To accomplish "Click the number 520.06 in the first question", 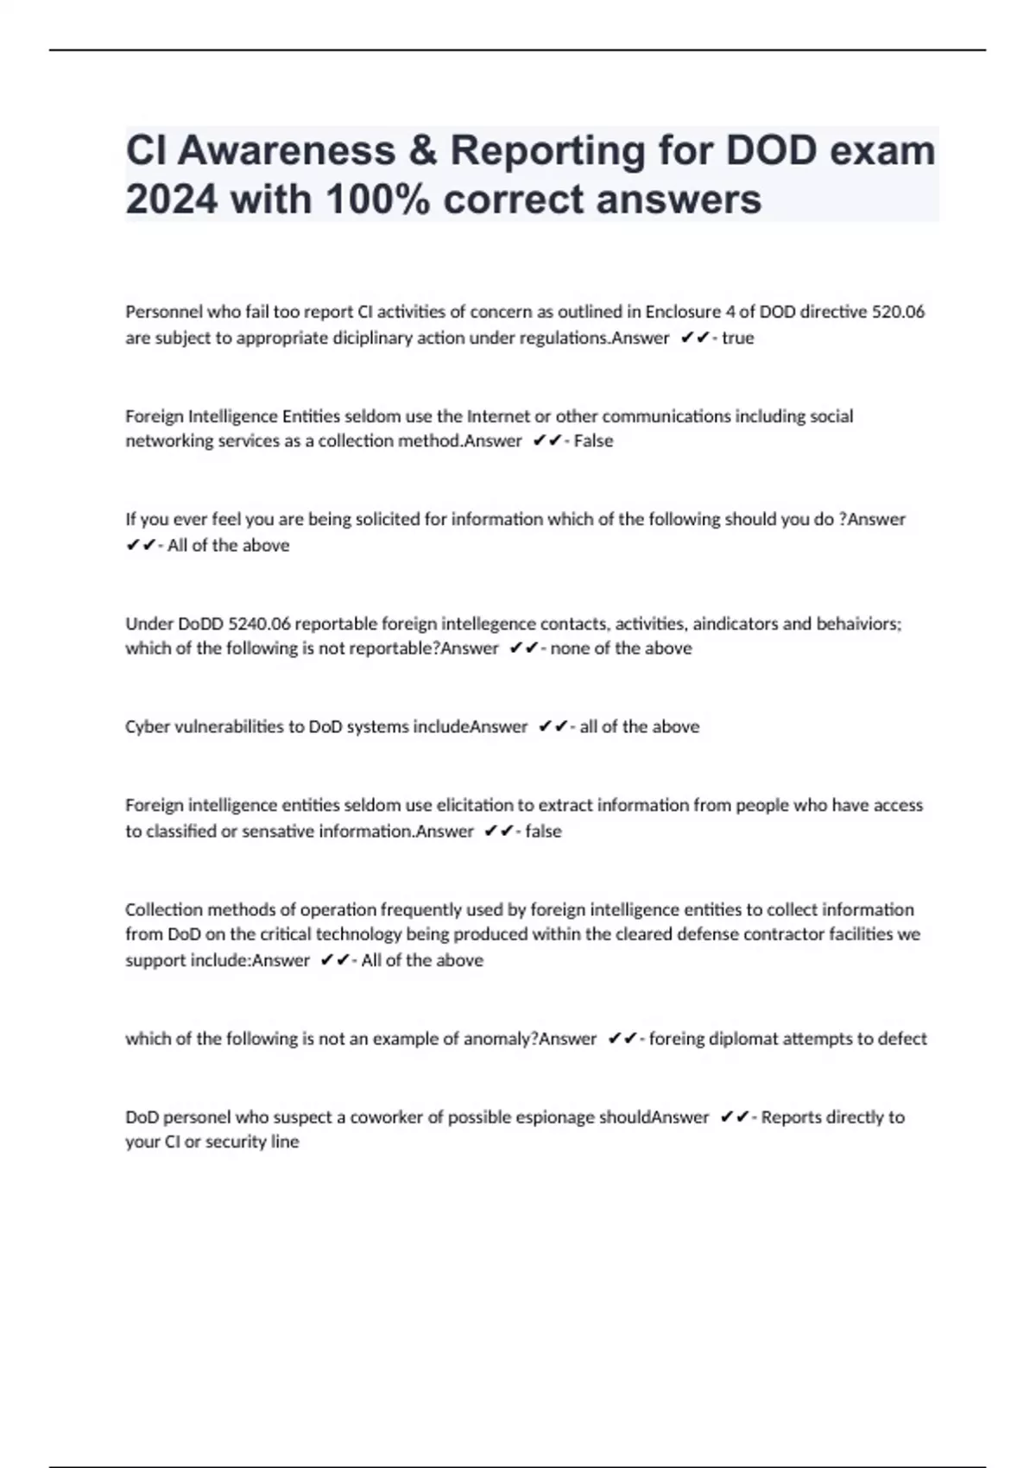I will pos(898,312).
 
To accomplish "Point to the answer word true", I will pos(737,338).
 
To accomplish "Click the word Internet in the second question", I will pos(498,416).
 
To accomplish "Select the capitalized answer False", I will pos(593,440).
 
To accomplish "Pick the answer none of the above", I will pos(621,648).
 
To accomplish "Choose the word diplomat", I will pos(743,1038).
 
